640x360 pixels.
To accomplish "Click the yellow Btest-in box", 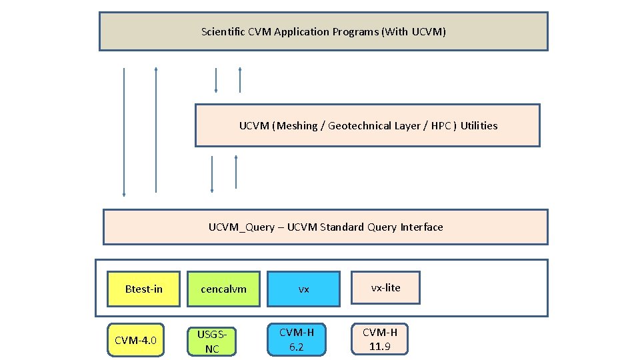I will click(143, 289).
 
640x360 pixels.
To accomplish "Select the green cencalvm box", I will click(223, 289).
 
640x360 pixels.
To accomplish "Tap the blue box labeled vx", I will click(303, 289).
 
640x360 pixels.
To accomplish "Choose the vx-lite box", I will click(385, 287).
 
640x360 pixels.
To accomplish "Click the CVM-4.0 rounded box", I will click(135, 341).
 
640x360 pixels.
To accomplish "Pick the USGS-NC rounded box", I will click(212, 341).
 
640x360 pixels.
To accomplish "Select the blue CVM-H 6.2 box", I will click(297, 339).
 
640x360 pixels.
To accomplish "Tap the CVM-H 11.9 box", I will click(380, 339).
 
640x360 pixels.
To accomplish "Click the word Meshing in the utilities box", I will click(297, 125).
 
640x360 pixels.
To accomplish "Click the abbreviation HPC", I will click(441, 125).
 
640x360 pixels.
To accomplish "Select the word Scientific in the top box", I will click(224, 31).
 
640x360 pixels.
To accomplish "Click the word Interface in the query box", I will click(421, 227).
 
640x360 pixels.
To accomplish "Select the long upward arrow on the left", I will click(156, 130).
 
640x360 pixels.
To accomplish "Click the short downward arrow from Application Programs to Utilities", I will click(216, 80).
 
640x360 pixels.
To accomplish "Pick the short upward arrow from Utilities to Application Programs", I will click(240, 80).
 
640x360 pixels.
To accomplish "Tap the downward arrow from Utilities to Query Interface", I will click(212, 174).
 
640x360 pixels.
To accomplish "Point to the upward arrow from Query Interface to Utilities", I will click(236, 172).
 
